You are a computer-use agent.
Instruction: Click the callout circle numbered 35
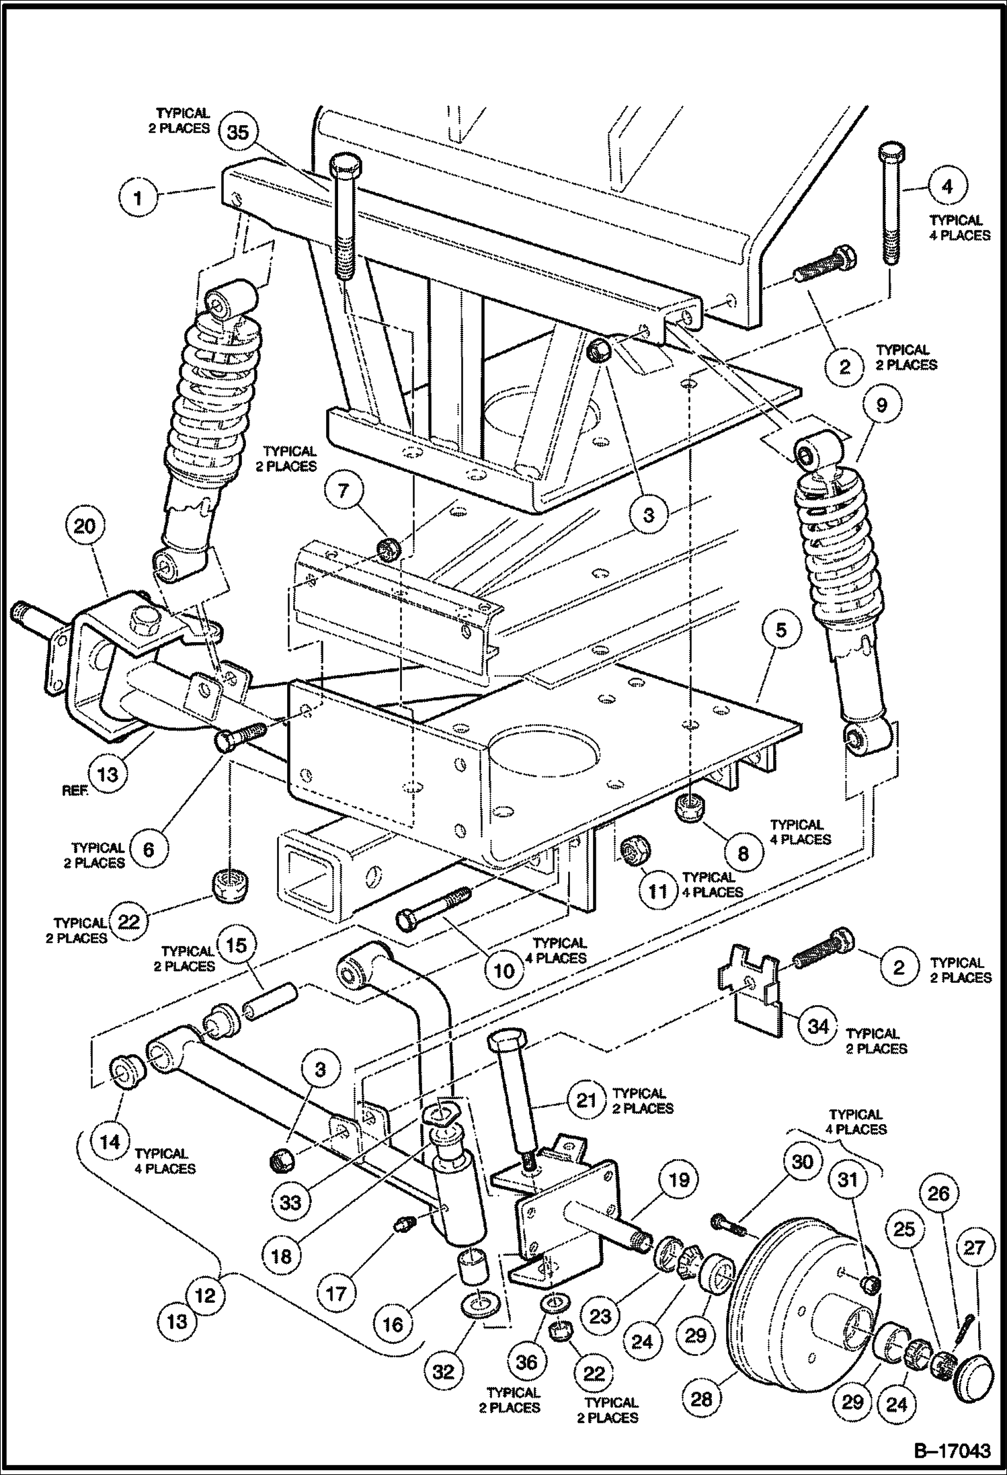coord(238,132)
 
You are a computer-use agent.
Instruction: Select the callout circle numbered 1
coord(138,198)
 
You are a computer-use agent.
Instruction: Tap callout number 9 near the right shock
coord(881,405)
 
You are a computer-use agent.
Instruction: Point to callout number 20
coord(85,526)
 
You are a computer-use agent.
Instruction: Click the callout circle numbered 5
coord(780,630)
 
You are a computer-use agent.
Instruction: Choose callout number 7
coord(344,490)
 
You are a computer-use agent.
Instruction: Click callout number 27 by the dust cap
coord(974,1248)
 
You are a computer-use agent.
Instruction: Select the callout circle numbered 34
coord(818,1026)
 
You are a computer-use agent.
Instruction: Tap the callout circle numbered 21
coord(587,1101)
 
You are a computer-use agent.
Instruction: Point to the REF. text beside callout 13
coord(75,791)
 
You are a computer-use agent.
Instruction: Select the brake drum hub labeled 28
coord(800,1298)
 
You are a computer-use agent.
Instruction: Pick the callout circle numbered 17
coord(336,1293)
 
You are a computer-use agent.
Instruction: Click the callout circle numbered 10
coord(503,970)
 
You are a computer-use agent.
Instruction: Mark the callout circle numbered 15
coord(237,945)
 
